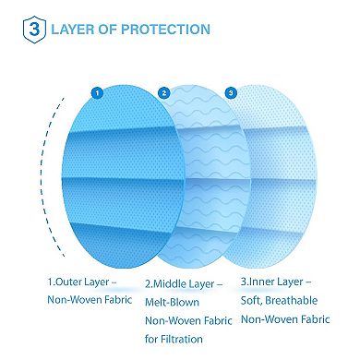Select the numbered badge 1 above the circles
click(95, 92)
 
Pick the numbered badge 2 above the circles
click(163, 92)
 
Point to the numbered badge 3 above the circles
click(231, 92)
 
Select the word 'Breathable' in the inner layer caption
click(298, 300)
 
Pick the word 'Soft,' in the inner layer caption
click(255, 300)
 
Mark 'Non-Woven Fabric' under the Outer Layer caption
click(90, 300)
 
